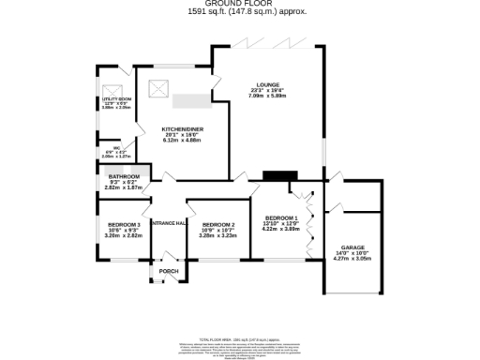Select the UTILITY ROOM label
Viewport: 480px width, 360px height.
(x=115, y=98)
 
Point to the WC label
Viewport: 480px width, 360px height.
(x=116, y=147)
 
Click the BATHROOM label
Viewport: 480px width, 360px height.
(x=124, y=177)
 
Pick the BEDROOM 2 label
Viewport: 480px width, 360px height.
(x=217, y=225)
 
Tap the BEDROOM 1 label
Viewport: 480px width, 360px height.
(x=280, y=218)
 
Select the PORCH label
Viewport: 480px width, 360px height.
(x=169, y=272)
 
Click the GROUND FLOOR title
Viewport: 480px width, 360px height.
(x=239, y=5)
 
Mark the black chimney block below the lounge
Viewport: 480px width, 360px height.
(x=280, y=175)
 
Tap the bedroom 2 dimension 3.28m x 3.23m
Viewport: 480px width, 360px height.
(x=217, y=235)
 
